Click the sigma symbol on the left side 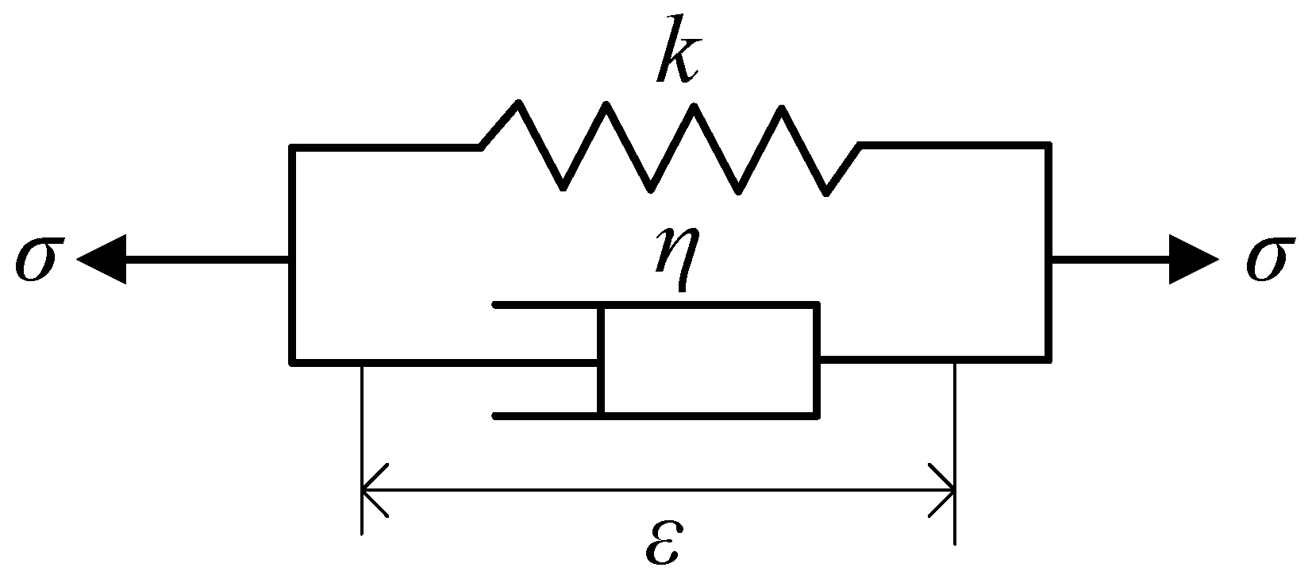36,260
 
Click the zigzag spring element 671,147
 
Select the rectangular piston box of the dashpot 709,359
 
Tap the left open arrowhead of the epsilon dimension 373,490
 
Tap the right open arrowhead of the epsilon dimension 943,490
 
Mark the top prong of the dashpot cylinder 548,305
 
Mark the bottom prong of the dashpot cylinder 548,415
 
